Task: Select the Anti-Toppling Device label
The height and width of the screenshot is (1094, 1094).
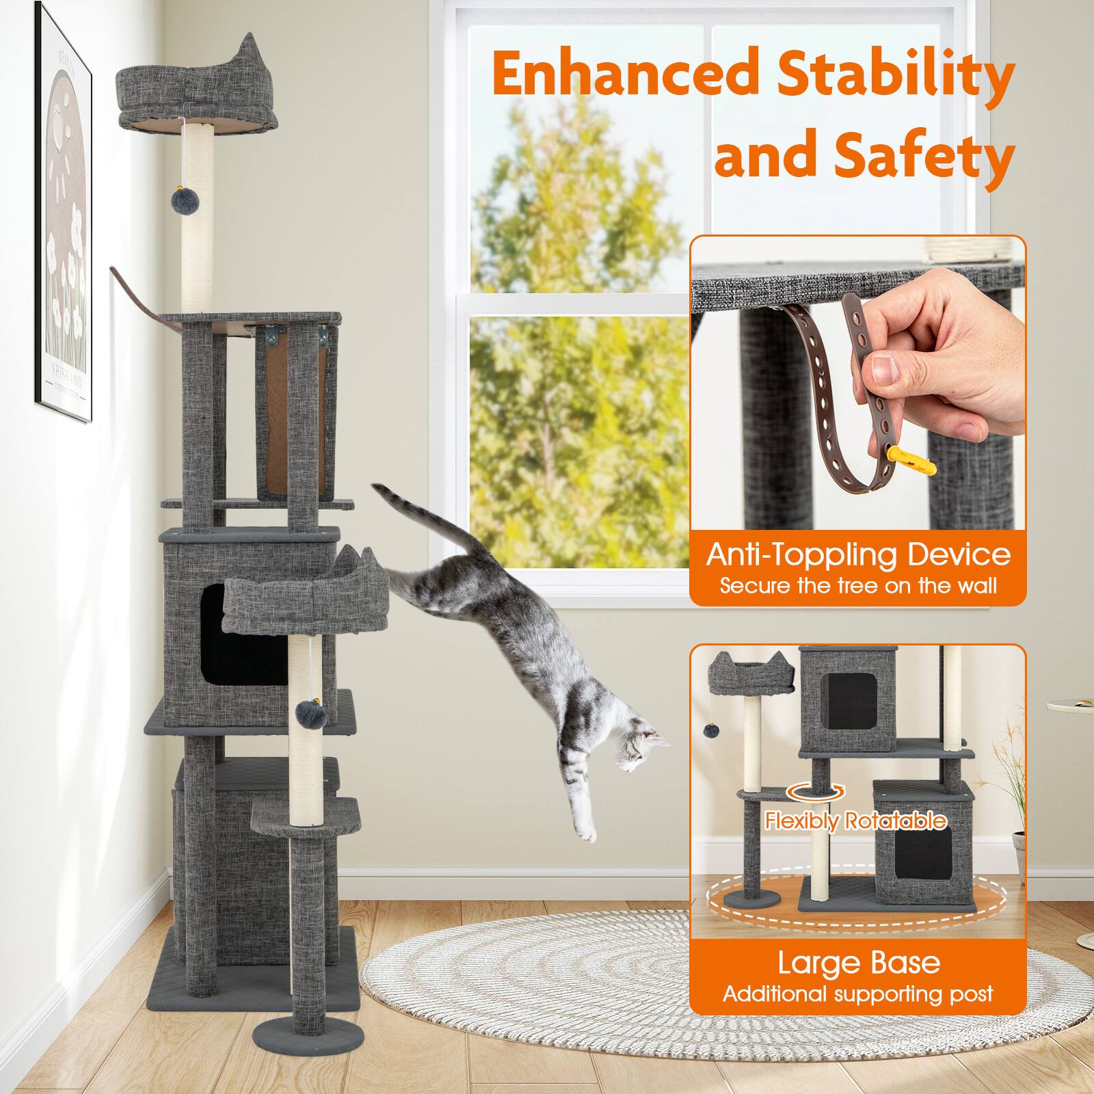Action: coord(857,554)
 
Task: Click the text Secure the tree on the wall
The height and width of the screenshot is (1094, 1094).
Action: coord(857,586)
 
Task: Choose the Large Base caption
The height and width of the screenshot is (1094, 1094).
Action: coord(859,963)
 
